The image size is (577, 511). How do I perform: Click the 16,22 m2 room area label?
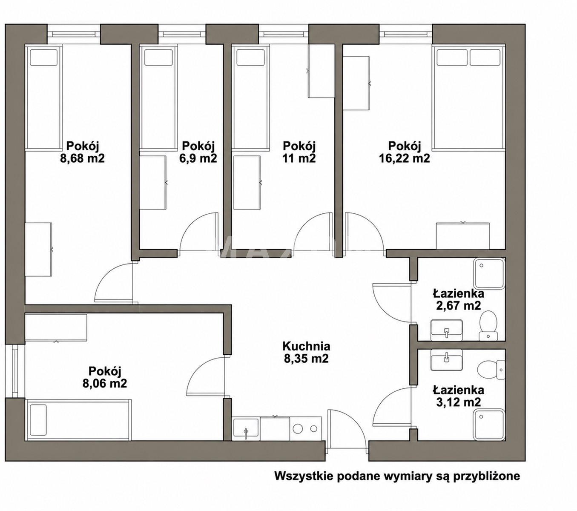[404, 152]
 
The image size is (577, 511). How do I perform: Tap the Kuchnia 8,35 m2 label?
[306, 352]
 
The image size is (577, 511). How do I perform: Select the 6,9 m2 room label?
[198, 152]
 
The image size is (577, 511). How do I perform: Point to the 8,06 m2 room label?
[104, 377]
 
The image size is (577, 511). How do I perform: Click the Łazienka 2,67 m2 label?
[458, 300]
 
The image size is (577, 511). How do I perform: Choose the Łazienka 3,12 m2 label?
[458, 396]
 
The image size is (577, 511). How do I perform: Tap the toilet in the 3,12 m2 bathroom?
[491, 370]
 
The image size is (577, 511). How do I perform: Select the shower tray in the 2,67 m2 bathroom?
[489, 274]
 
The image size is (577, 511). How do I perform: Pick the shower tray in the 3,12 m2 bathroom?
[489, 425]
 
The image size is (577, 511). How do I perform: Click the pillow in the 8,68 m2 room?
[44, 58]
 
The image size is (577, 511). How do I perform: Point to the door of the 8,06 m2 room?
[206, 376]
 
